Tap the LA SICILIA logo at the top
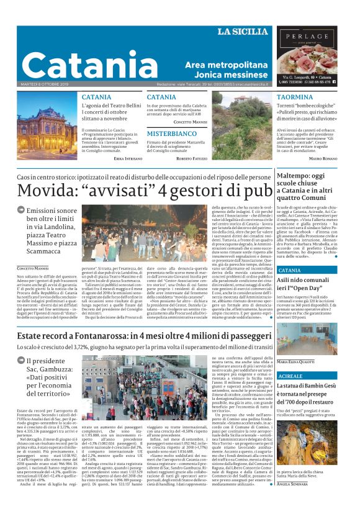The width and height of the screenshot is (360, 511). [242, 32]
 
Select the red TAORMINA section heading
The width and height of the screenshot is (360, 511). [277, 97]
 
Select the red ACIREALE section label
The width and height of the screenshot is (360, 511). [290, 376]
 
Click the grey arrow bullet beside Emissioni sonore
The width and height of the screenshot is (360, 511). [20, 212]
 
